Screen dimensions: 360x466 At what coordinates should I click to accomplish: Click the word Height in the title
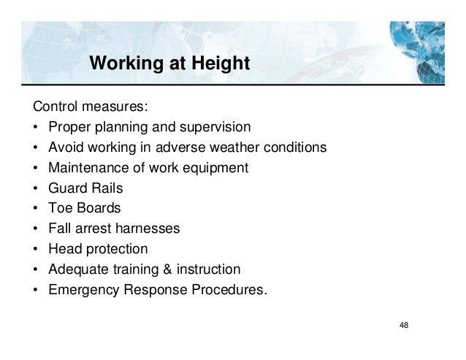pos(219,66)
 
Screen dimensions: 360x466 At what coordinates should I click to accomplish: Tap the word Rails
pos(105,188)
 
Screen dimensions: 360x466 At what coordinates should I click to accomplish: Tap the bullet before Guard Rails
pos(35,188)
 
